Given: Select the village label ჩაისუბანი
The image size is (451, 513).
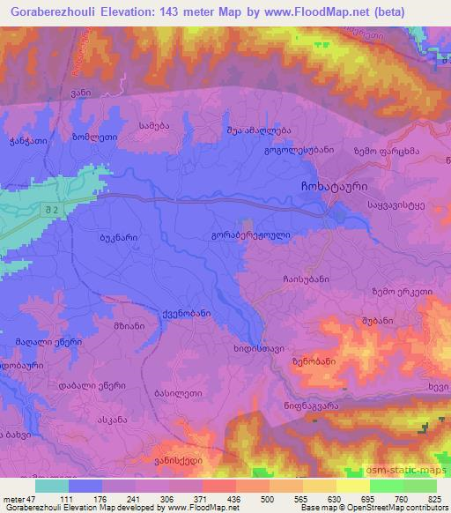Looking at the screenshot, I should click(x=307, y=278).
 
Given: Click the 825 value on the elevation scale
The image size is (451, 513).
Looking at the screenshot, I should click(x=433, y=499).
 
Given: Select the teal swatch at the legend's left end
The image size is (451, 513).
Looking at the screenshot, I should click(x=52, y=485).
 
